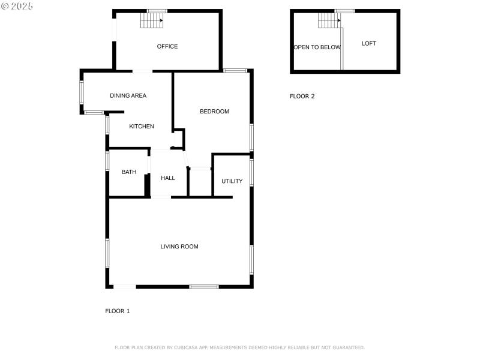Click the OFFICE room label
(167, 47)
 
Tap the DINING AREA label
(128, 96)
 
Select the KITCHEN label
(142, 127)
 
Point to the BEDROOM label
(214, 112)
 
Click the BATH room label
(129, 172)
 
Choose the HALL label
(168, 178)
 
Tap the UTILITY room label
(232, 181)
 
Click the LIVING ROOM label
(179, 247)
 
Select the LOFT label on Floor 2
(369, 44)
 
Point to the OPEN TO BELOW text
(317, 47)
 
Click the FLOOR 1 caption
(118, 311)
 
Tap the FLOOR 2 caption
(302, 96)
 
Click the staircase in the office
(152, 21)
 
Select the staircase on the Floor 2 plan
(329, 21)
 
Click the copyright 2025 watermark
(17, 5)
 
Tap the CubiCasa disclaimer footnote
(239, 347)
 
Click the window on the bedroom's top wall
(236, 71)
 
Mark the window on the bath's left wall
(107, 161)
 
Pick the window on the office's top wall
(157, 11)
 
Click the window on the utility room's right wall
(252, 172)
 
